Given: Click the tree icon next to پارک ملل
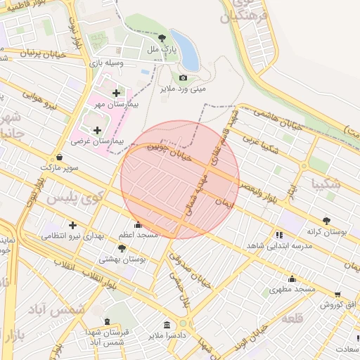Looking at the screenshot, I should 163,39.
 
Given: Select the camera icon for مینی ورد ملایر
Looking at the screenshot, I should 184,77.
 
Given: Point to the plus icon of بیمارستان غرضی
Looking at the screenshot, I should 97,130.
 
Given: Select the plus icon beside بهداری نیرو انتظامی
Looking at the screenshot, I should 72,225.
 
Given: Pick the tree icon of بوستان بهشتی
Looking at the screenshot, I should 122,248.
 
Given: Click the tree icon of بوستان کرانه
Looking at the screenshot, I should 326,220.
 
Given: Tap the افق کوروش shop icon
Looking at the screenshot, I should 338,295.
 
